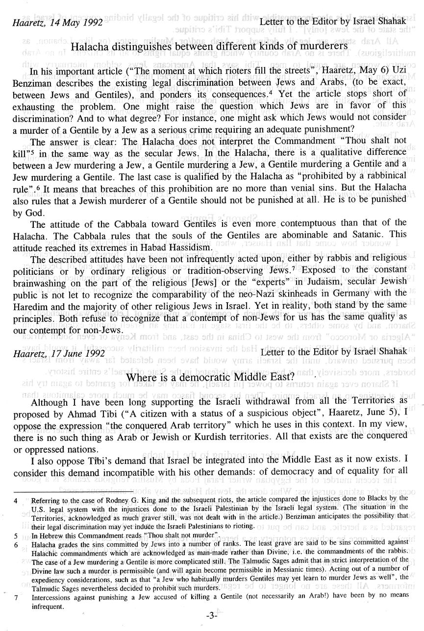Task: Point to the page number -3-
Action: click(x=212, y=616)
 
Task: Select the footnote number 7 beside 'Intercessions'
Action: click(x=16, y=598)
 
